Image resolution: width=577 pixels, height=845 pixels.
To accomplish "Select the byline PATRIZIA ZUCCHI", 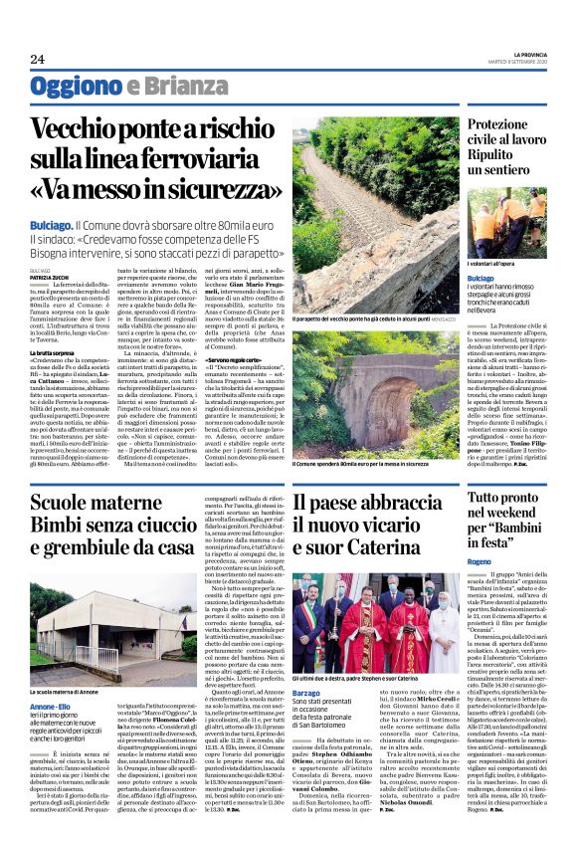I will click(50, 276).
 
